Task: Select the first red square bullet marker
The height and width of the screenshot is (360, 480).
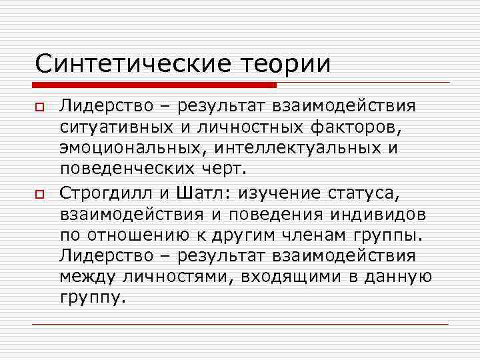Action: [x=39, y=107]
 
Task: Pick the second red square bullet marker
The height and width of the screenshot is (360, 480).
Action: [x=39, y=193]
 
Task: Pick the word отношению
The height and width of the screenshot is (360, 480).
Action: [x=147, y=237]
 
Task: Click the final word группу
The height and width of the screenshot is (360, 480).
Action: [x=91, y=298]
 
